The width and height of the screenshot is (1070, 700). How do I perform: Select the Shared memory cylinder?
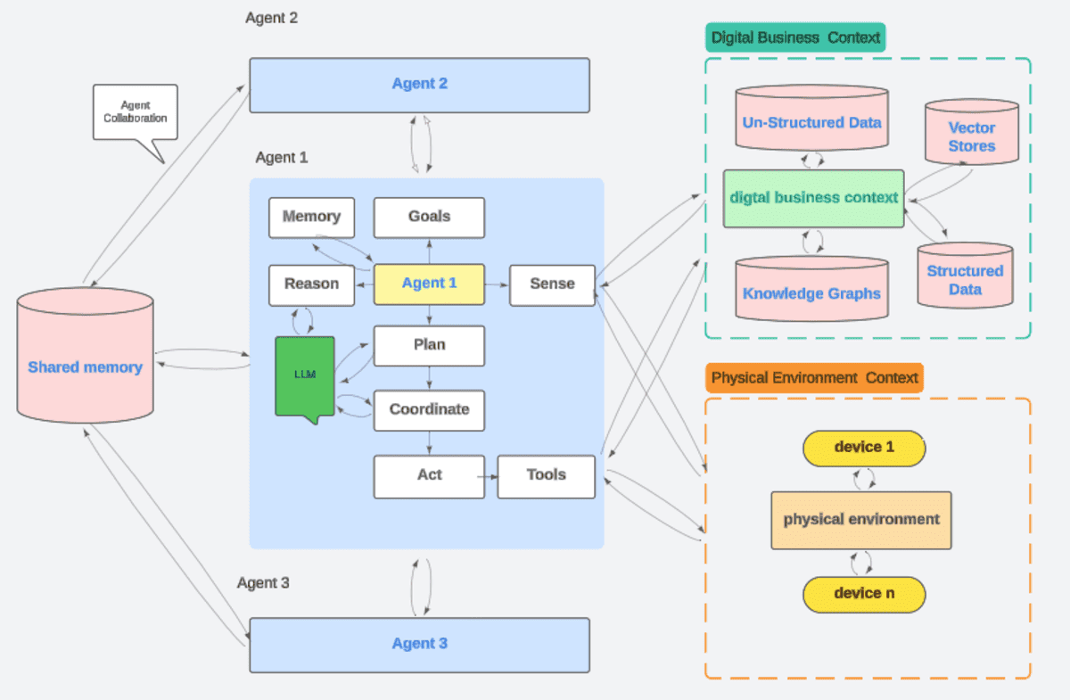tap(85, 361)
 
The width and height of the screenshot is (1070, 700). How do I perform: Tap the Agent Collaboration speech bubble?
tap(135, 113)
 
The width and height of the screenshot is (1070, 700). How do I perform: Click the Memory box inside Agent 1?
tap(311, 217)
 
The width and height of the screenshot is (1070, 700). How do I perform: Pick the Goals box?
tap(429, 217)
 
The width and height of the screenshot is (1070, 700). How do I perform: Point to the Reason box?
tap(311, 284)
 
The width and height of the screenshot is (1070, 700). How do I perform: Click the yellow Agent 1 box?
tap(429, 284)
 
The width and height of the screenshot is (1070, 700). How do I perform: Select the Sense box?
tap(552, 284)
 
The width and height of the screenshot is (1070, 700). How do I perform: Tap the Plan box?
tap(429, 346)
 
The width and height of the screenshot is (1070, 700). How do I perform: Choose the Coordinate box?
tap(429, 410)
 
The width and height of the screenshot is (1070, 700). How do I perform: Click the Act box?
tap(429, 475)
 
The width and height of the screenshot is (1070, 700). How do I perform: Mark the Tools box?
tap(546, 475)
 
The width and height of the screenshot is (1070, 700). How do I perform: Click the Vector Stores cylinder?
tap(971, 134)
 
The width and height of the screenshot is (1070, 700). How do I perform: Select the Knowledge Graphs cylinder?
tap(811, 289)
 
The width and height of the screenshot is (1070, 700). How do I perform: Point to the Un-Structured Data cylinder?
tap(811, 119)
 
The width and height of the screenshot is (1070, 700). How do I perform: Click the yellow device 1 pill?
tap(864, 448)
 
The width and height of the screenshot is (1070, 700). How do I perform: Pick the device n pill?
tap(864, 594)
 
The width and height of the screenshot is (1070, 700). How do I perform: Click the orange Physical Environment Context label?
tap(814, 377)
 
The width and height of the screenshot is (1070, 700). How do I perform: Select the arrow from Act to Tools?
tap(490, 476)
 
